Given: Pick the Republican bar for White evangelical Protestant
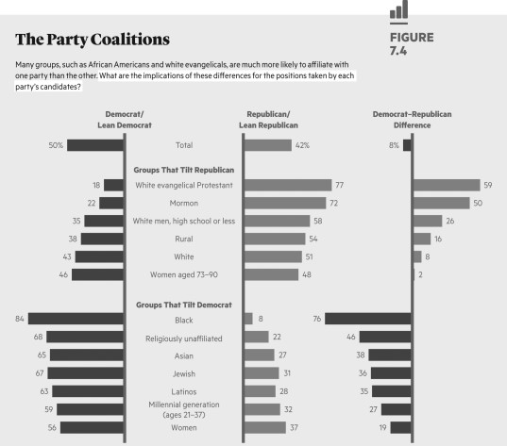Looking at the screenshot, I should click(x=288, y=186).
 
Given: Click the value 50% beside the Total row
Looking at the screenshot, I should click(x=56, y=145).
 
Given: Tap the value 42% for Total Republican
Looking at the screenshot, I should click(x=302, y=145).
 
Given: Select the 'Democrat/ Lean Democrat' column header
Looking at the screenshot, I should click(x=126, y=119).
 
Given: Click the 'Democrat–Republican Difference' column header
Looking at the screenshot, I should click(x=412, y=119).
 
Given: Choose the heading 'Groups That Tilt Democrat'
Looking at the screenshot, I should click(x=185, y=306).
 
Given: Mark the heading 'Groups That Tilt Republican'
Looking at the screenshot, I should click(x=184, y=170).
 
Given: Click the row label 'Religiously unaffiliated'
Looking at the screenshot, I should click(x=185, y=338).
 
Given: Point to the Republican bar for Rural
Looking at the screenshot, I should click(x=275, y=239).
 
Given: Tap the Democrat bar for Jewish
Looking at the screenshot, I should click(x=86, y=373).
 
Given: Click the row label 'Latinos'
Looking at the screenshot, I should click(x=185, y=391).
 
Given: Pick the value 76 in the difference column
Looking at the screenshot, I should click(x=317, y=320).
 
